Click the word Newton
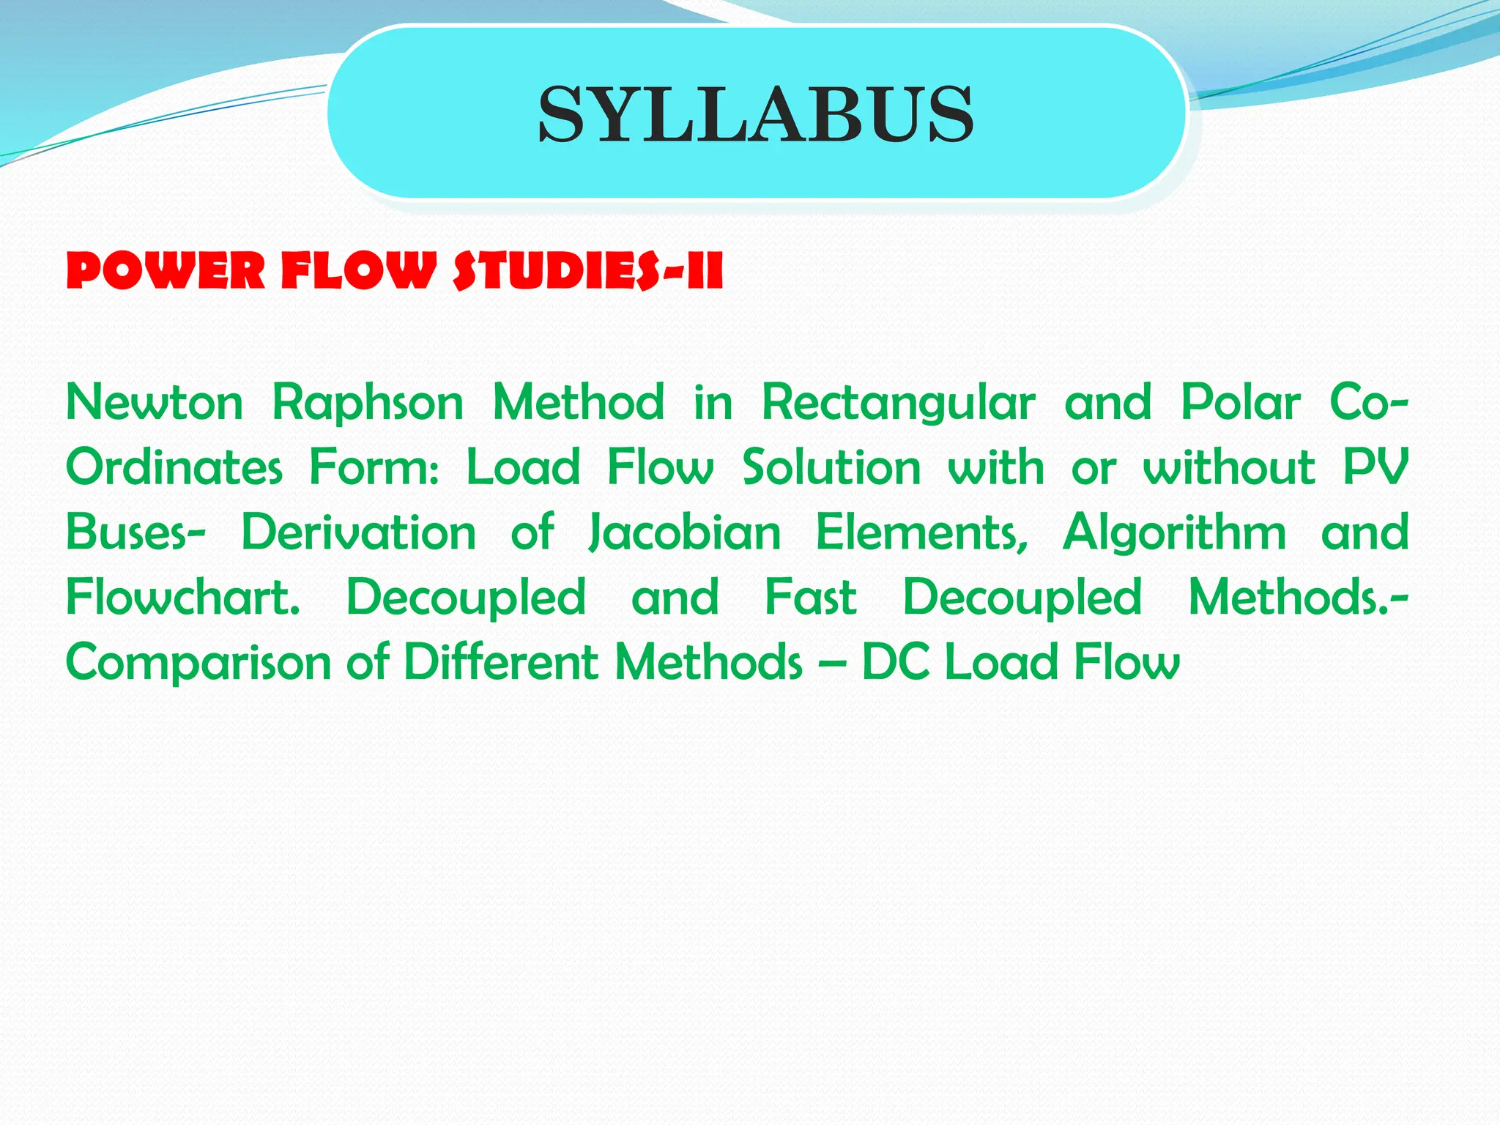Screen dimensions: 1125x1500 155,403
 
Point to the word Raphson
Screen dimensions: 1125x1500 368,403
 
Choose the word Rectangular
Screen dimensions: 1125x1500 899,403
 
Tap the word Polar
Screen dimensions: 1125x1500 1241,403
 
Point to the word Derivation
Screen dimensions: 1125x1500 359,532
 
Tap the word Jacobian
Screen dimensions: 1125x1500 686,532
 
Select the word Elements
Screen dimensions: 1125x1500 922,532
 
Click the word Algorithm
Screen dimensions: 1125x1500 1175,532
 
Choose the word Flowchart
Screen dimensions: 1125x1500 183,597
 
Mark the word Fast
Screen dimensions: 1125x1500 811,597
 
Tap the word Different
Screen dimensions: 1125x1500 502,662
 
